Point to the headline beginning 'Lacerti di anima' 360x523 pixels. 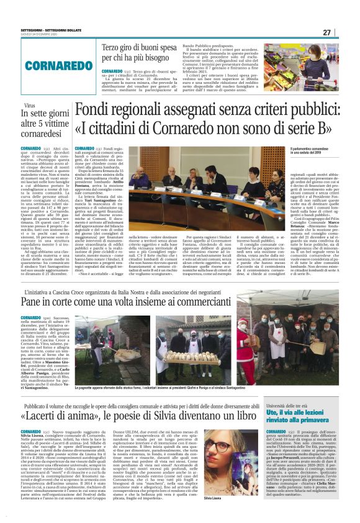coord(143,415)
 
